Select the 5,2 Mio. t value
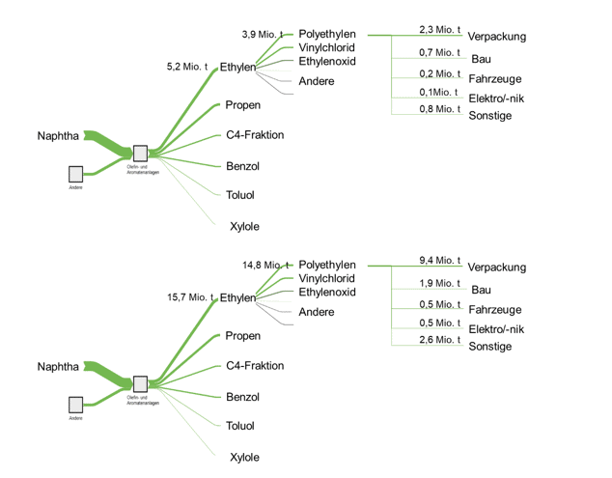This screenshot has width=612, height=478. tap(187, 67)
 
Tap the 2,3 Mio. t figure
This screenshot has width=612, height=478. tap(440, 30)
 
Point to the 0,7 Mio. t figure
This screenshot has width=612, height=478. tap(440, 52)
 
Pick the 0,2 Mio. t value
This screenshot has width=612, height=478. tap(440, 73)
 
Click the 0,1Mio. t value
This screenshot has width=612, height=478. tap(440, 92)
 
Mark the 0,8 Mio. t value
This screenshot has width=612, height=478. tap(440, 109)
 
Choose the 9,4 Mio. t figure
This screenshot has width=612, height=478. tap(440, 261)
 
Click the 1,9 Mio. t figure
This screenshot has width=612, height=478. tap(440, 283)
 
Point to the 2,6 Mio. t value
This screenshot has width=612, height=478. tap(440, 340)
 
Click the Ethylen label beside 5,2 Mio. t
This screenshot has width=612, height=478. tap(237, 68)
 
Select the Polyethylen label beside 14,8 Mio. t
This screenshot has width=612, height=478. tap(327, 265)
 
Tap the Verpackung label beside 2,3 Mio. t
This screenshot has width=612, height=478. tap(496, 37)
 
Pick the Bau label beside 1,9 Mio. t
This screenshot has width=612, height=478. tap(481, 290)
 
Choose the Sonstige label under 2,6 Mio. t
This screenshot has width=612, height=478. tap(489, 347)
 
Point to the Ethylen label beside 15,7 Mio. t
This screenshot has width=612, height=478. tap(237, 297)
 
